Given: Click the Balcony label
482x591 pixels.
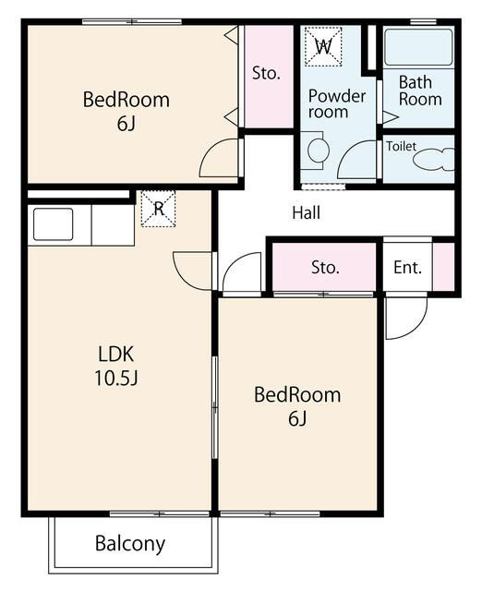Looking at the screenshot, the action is click(x=130, y=544).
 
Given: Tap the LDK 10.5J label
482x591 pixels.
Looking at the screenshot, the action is click(x=116, y=366).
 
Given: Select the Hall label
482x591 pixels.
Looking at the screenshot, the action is click(x=307, y=212).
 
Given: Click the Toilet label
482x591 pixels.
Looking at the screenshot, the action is click(x=401, y=146).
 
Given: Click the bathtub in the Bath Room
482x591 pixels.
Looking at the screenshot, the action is click(x=418, y=47).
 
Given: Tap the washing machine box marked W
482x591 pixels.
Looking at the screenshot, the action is click(x=323, y=47).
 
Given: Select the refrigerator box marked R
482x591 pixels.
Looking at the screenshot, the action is click(x=158, y=209).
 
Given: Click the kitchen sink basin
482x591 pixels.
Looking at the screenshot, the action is click(x=54, y=224).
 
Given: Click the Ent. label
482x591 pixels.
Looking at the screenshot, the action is click(x=407, y=268).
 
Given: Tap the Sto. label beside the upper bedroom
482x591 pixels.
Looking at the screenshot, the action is click(x=266, y=73).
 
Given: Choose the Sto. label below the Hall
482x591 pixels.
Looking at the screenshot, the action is click(x=325, y=268).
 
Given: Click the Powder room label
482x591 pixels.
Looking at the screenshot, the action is click(x=336, y=104).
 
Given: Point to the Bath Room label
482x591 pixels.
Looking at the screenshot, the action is click(x=420, y=90).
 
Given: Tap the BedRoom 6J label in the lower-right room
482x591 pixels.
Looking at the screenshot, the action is click(x=297, y=406).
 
